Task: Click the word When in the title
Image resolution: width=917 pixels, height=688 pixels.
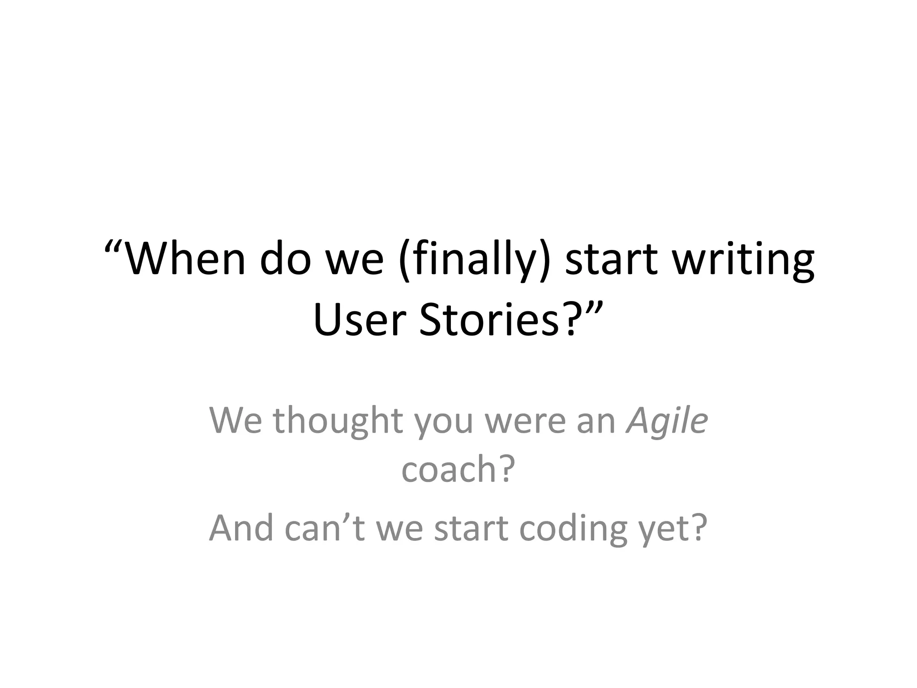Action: coord(185,260)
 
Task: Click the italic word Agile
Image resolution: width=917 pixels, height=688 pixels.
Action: coord(667,421)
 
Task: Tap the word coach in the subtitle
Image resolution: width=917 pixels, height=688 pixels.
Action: coord(448,469)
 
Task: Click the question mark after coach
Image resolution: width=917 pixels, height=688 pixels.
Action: coord(506,469)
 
